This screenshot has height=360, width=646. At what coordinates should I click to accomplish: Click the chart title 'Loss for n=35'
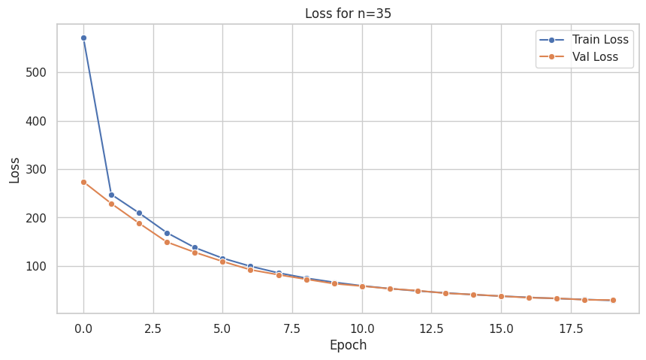coord(348,13)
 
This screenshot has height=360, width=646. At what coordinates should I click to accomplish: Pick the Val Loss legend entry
coord(586,56)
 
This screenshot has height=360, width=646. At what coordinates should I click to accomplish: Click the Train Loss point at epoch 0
coord(83,38)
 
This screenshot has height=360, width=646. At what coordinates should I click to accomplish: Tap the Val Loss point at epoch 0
coord(83,182)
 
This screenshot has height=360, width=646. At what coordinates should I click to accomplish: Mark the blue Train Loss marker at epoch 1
coord(111,195)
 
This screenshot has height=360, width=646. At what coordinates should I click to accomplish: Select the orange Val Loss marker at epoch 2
coord(139,223)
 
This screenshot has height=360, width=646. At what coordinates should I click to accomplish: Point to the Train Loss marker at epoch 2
coord(139,213)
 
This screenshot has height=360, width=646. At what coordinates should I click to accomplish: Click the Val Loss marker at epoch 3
coord(167,242)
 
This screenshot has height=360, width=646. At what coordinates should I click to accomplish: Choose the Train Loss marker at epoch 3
coord(167,233)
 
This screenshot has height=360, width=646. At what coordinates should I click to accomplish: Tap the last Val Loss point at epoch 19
coord(613,300)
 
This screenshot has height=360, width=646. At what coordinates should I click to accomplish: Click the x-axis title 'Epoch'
coord(348,346)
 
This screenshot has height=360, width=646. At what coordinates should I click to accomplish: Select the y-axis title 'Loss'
coord(15,170)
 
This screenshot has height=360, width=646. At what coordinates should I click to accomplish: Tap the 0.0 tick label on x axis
coord(83,328)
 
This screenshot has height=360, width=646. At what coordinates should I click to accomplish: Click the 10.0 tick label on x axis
coord(362,328)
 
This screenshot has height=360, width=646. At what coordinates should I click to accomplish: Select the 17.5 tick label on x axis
coord(571,328)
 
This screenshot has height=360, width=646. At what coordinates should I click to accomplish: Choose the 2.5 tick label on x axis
coord(153,328)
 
